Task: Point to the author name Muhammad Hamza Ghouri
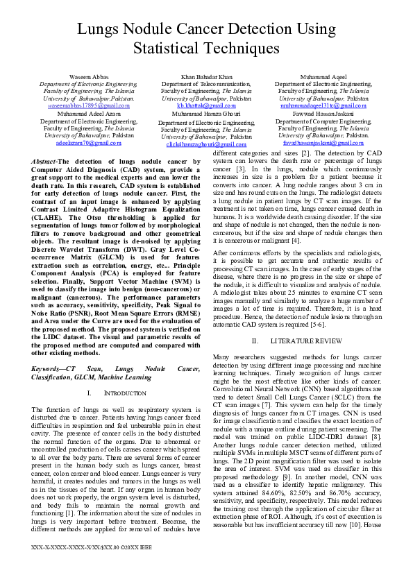point(206,113)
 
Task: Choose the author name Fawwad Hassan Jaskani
point(323,113)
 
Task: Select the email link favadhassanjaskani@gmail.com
point(323,142)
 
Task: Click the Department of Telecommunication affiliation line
point(206,83)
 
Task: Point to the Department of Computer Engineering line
point(323,121)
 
